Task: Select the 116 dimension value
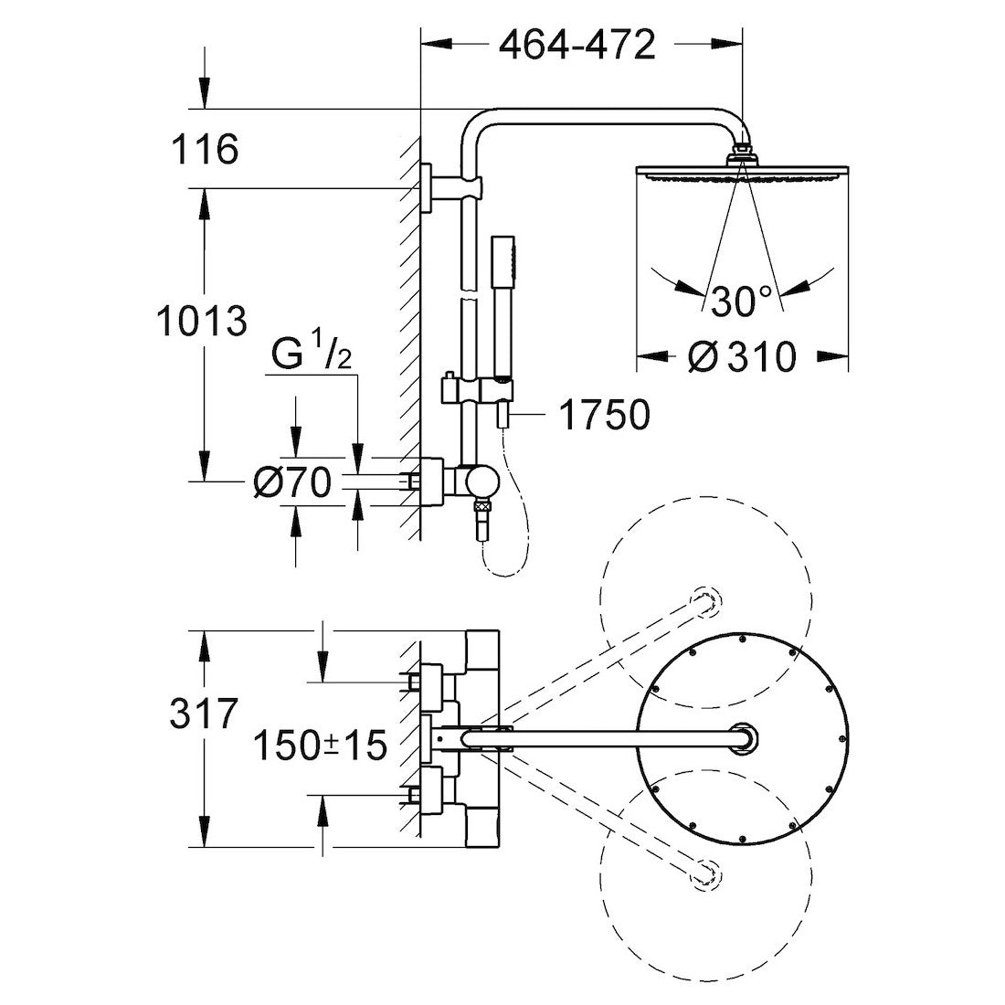[204, 149]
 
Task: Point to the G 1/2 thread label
[312, 355]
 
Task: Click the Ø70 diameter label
[291, 483]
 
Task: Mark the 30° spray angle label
[741, 301]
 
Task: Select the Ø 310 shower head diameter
[741, 356]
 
